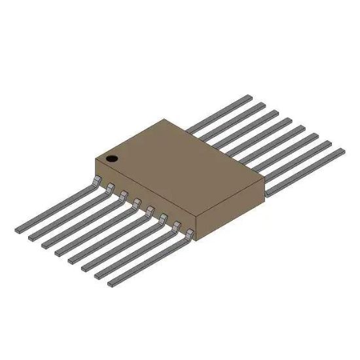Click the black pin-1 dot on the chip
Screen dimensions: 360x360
[111, 158]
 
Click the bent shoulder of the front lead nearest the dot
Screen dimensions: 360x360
[98, 179]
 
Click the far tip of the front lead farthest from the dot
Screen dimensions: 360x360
[112, 283]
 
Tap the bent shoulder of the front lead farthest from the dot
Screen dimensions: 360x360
[190, 234]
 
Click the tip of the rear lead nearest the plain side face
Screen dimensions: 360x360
[339, 152]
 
